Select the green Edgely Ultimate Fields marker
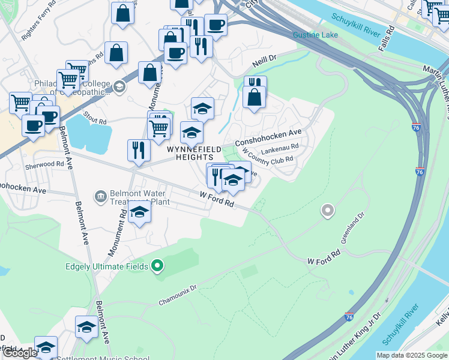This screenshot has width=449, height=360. tap(158, 265)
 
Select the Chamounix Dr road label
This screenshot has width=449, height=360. tap(178, 295)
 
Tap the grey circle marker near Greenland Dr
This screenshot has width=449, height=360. tap(327, 210)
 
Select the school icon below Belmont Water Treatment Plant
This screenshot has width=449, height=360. tap(139, 212)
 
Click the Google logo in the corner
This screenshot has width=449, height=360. tap(20, 353)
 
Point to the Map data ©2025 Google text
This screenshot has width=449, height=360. tap(412, 355)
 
